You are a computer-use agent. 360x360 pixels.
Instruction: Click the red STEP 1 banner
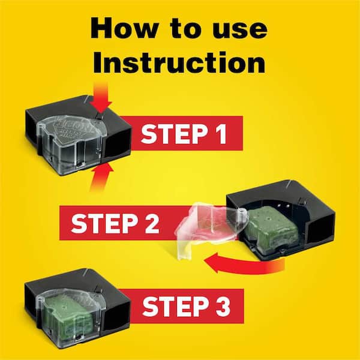183,133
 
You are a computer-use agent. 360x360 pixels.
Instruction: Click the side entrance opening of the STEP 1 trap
114,144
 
